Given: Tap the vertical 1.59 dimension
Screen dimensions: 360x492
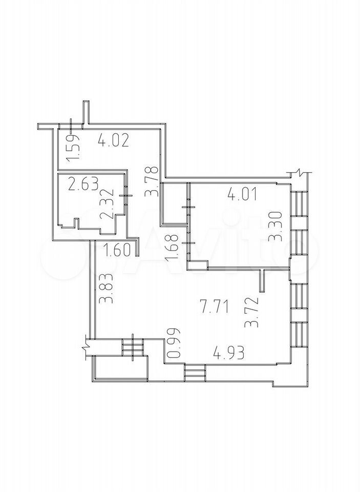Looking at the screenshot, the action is click(x=74, y=148).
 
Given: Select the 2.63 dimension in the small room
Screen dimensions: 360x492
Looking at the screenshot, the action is click(x=83, y=184).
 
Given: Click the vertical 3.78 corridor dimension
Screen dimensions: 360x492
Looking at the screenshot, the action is click(x=152, y=181).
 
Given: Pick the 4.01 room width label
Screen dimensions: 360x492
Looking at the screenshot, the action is click(x=242, y=194).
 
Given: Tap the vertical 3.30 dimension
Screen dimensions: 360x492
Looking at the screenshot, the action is click(x=278, y=226).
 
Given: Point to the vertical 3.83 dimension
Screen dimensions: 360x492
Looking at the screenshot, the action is click(x=105, y=289).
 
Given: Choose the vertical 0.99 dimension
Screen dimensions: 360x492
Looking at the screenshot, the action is click(x=174, y=343).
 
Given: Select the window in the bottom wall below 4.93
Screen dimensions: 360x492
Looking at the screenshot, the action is click(x=195, y=373).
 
